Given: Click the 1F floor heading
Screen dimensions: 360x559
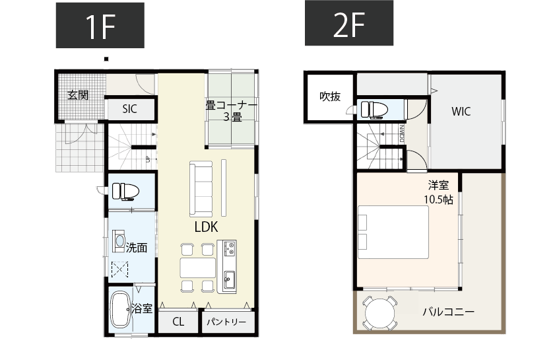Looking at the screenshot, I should tap(100, 24).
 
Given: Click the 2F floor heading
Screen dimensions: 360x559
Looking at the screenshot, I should tap(349, 24).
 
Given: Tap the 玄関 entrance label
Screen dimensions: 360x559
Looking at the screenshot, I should tap(78, 95).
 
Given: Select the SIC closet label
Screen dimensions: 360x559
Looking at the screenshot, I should tap(129, 109).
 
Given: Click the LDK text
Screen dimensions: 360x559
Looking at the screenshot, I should tap(207, 227).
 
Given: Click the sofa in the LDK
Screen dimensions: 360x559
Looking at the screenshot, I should tap(201, 189).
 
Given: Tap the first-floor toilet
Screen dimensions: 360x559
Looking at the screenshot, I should tap(125, 191).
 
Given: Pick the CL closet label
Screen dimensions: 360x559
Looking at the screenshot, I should tap(178, 322).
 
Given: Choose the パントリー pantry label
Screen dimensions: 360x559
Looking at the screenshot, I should tap(226, 322).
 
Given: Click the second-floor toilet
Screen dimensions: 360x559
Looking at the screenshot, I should tap(374, 108).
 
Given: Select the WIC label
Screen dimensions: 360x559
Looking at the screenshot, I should tap(461, 112).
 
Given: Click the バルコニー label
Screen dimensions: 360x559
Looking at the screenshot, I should tap(448, 312).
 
